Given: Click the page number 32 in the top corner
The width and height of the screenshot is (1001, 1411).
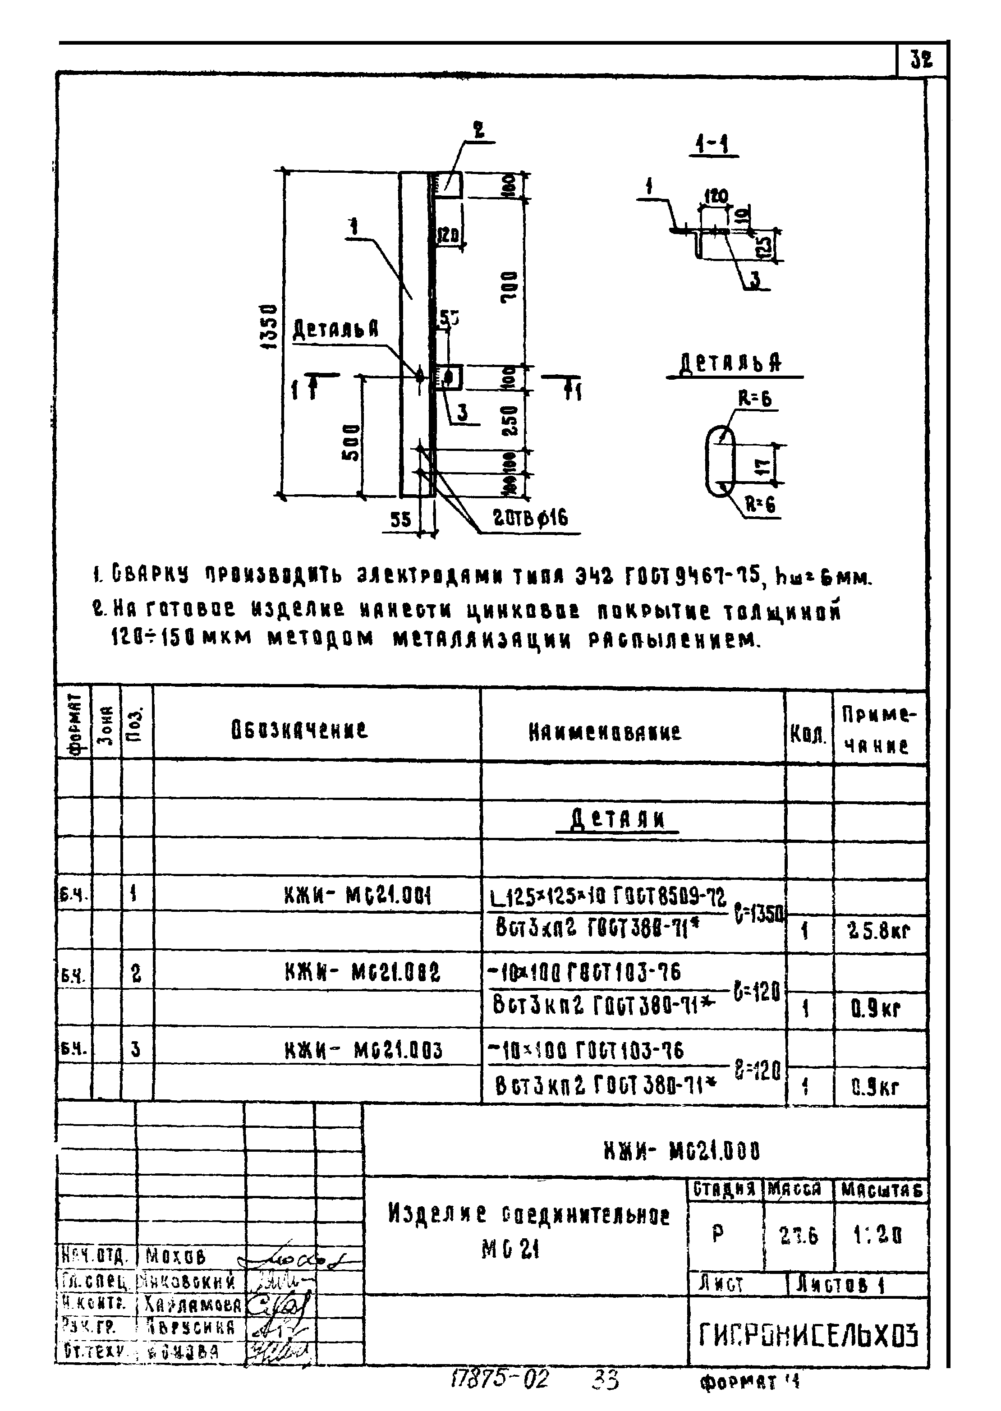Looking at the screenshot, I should pos(921,60).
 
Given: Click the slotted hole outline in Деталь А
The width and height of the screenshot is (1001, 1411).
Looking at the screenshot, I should pos(720,460).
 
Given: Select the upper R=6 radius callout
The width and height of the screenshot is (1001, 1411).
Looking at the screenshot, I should pos(755,400).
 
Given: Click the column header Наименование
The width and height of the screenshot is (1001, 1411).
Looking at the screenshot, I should pos(605,732).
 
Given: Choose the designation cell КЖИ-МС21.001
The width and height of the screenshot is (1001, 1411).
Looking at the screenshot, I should pos(358,895).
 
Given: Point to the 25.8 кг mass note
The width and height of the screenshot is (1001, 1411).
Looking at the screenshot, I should pos(879,931).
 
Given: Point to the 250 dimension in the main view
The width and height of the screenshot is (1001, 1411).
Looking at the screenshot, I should pos(510,420).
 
